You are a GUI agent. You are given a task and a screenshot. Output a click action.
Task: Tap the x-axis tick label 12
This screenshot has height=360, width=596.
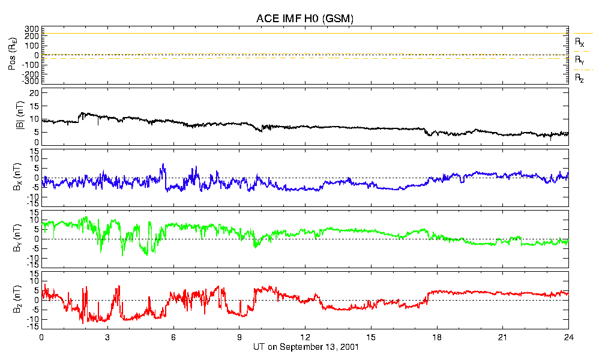305,337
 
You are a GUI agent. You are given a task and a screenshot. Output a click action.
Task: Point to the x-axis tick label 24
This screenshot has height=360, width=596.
568,337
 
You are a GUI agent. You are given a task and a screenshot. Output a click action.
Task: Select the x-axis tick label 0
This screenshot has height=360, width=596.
41,337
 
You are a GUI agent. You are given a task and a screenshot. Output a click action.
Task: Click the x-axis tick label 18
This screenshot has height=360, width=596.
437,337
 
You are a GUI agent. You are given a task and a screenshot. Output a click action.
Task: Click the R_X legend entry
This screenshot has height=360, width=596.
579,42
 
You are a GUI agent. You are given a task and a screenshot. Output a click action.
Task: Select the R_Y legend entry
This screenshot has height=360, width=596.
579,60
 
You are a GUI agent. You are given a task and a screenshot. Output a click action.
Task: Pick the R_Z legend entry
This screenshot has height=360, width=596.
579,78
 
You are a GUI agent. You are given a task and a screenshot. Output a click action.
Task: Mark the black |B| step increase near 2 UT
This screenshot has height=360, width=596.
80,115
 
